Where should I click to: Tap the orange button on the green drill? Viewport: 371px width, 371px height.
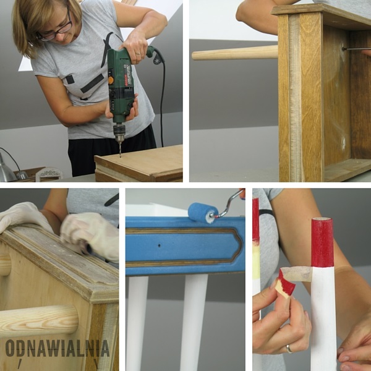pos(111,80)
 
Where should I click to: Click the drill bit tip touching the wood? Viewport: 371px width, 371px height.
pos(120,157)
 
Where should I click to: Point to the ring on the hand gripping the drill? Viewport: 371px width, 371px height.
pos(137,54)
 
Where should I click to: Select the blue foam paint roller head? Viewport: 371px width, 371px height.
pos(203,212)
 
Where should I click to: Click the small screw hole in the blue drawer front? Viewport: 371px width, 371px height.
pos(160,245)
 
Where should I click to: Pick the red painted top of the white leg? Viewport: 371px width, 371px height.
pos(322,242)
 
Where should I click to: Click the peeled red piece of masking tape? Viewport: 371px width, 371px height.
pos(286,283)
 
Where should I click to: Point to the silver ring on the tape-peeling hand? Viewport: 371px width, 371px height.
pos(289,348)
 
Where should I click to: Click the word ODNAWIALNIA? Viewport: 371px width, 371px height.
pos(58,348)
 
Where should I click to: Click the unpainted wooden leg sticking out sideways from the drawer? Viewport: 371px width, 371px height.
pos(235,53)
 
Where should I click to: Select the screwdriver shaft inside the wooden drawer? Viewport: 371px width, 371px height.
pos(353,49)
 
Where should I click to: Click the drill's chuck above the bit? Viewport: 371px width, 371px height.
pos(119,131)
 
